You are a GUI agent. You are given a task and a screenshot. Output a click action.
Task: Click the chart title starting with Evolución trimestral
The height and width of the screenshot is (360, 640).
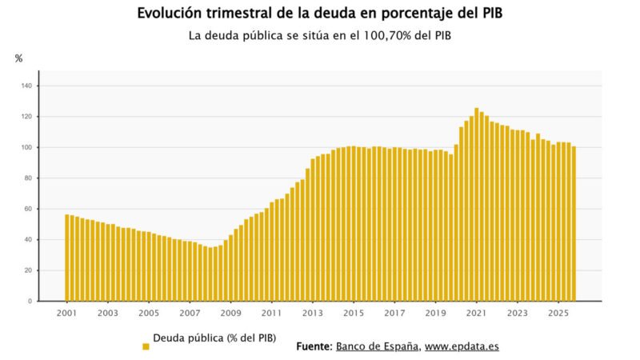pyautogui.click(x=320, y=14)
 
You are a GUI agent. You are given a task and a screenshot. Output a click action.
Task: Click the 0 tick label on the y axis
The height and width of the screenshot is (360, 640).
pyautogui.click(x=30, y=302)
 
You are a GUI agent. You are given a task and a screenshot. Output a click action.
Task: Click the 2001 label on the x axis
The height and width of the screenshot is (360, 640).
pyautogui.click(x=66, y=313)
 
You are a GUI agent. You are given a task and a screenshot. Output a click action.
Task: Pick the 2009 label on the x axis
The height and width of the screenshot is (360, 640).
pyautogui.click(x=230, y=313)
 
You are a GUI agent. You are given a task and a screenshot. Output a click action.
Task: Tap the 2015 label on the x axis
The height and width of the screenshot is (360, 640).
pyautogui.click(x=354, y=313)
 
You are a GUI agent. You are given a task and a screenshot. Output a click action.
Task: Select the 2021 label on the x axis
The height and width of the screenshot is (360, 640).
pyautogui.click(x=477, y=313)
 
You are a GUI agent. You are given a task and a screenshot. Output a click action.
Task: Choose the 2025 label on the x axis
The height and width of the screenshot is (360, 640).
pyautogui.click(x=558, y=313)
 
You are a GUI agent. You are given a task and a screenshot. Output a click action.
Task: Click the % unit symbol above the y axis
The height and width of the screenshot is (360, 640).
pyautogui.click(x=18, y=58)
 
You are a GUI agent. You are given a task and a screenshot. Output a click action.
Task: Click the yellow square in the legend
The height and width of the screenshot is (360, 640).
pyautogui.click(x=146, y=346)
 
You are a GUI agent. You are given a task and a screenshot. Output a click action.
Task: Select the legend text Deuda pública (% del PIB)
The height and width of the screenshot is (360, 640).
pyautogui.click(x=214, y=338)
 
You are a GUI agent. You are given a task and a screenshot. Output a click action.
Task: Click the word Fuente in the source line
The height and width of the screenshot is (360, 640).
pyautogui.click(x=314, y=346)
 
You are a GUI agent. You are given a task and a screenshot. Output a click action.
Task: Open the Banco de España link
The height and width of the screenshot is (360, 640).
pyautogui.click(x=377, y=346)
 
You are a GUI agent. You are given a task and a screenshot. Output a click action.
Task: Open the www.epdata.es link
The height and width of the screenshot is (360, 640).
pyautogui.click(x=462, y=346)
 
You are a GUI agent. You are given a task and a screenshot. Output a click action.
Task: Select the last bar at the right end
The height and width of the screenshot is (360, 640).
pyautogui.click(x=574, y=224)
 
